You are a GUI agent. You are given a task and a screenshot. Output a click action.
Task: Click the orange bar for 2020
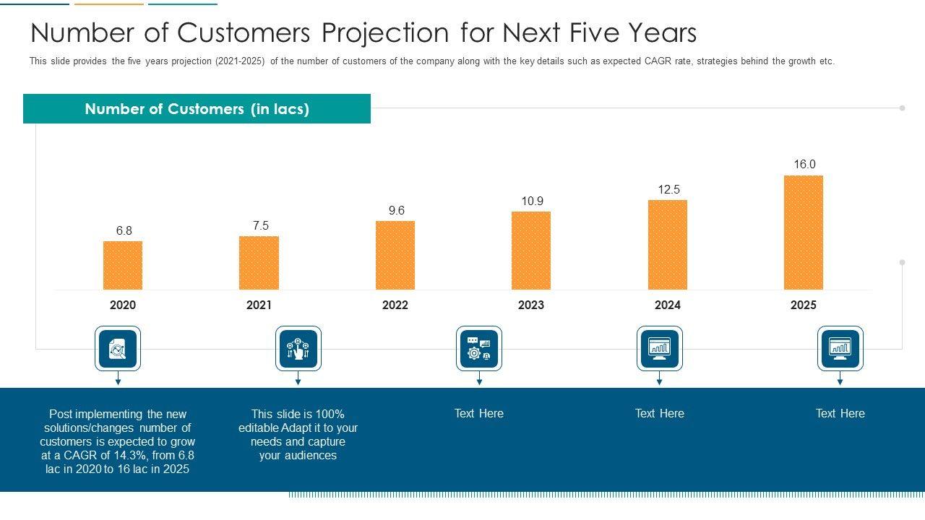pyautogui.click(x=123, y=265)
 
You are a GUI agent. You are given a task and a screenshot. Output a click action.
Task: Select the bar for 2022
pyautogui.click(x=395, y=255)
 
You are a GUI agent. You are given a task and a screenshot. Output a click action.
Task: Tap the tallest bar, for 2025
pyautogui.click(x=804, y=232)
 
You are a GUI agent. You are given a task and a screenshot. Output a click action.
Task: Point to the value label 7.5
pyautogui.click(x=261, y=226)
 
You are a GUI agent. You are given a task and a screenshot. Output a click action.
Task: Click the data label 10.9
pyautogui.click(x=533, y=201)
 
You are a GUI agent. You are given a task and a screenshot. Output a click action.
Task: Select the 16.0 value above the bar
pyautogui.click(x=804, y=165)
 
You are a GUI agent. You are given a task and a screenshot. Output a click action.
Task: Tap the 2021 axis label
pyautogui.click(x=259, y=305)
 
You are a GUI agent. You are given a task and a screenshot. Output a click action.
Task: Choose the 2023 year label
pyautogui.click(x=531, y=305)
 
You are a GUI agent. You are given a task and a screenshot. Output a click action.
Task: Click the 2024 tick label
pyautogui.click(x=668, y=305)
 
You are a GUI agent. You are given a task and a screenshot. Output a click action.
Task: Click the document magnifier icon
pyautogui.click(x=118, y=349)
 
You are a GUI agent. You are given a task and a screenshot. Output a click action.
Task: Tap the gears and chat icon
pyautogui.click(x=479, y=349)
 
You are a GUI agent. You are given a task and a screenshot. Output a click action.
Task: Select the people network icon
pyautogui.click(x=298, y=349)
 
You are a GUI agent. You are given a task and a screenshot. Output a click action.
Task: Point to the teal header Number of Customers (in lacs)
pyautogui.click(x=197, y=109)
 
